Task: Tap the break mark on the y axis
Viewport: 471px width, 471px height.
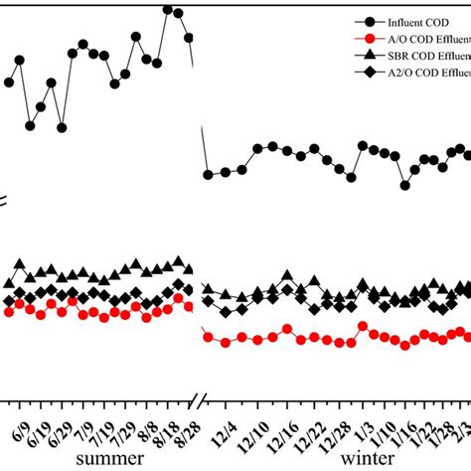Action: coord(5,202)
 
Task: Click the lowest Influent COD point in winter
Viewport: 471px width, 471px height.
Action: coord(405,185)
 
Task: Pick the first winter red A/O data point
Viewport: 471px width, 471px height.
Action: coord(208,338)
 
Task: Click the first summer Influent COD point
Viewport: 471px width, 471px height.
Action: coord(9,82)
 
